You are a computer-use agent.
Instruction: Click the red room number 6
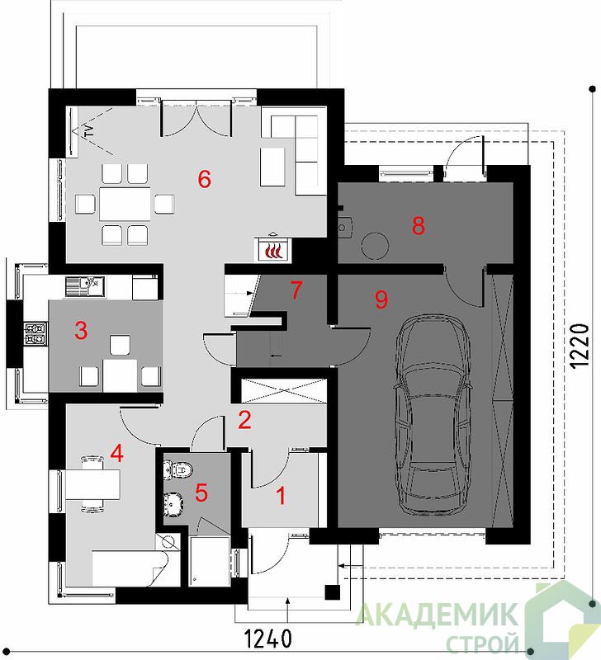(204, 180)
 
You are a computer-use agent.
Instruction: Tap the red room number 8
(419, 225)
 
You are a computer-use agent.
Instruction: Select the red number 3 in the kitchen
(81, 331)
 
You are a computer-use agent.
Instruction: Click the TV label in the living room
(89, 131)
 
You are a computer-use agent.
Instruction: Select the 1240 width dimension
(267, 638)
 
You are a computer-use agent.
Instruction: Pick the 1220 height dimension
(579, 346)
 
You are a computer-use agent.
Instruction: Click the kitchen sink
(85, 286)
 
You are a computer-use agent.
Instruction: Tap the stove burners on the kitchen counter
(35, 333)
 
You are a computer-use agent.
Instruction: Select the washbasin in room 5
(173, 503)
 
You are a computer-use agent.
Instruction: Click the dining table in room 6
(125, 204)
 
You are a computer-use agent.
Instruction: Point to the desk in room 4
(93, 484)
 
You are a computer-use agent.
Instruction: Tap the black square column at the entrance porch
(333, 592)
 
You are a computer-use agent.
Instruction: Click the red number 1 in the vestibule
(281, 496)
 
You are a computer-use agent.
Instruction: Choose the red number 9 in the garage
(381, 299)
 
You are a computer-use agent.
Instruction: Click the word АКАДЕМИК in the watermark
(438, 614)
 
